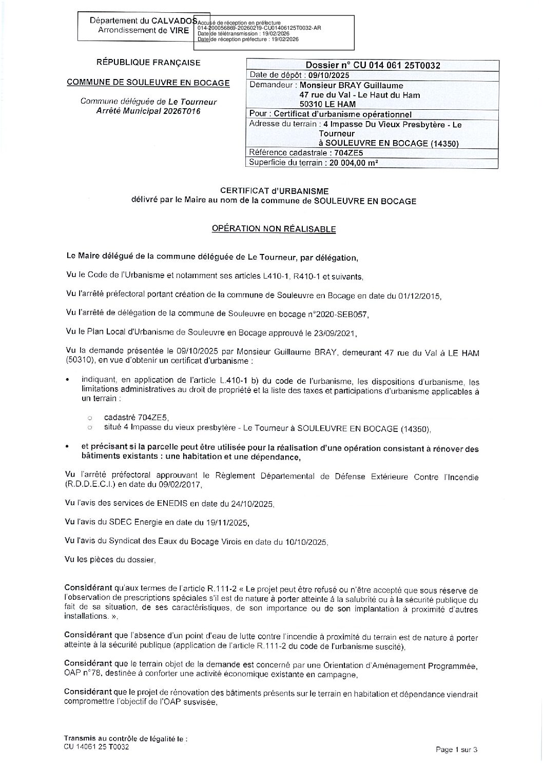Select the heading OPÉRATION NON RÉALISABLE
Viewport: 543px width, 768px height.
(x=274, y=229)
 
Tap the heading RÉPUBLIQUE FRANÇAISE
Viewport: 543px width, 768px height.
(x=149, y=63)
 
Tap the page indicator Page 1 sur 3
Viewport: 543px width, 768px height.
(x=456, y=750)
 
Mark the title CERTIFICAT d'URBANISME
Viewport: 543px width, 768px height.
(x=274, y=191)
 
